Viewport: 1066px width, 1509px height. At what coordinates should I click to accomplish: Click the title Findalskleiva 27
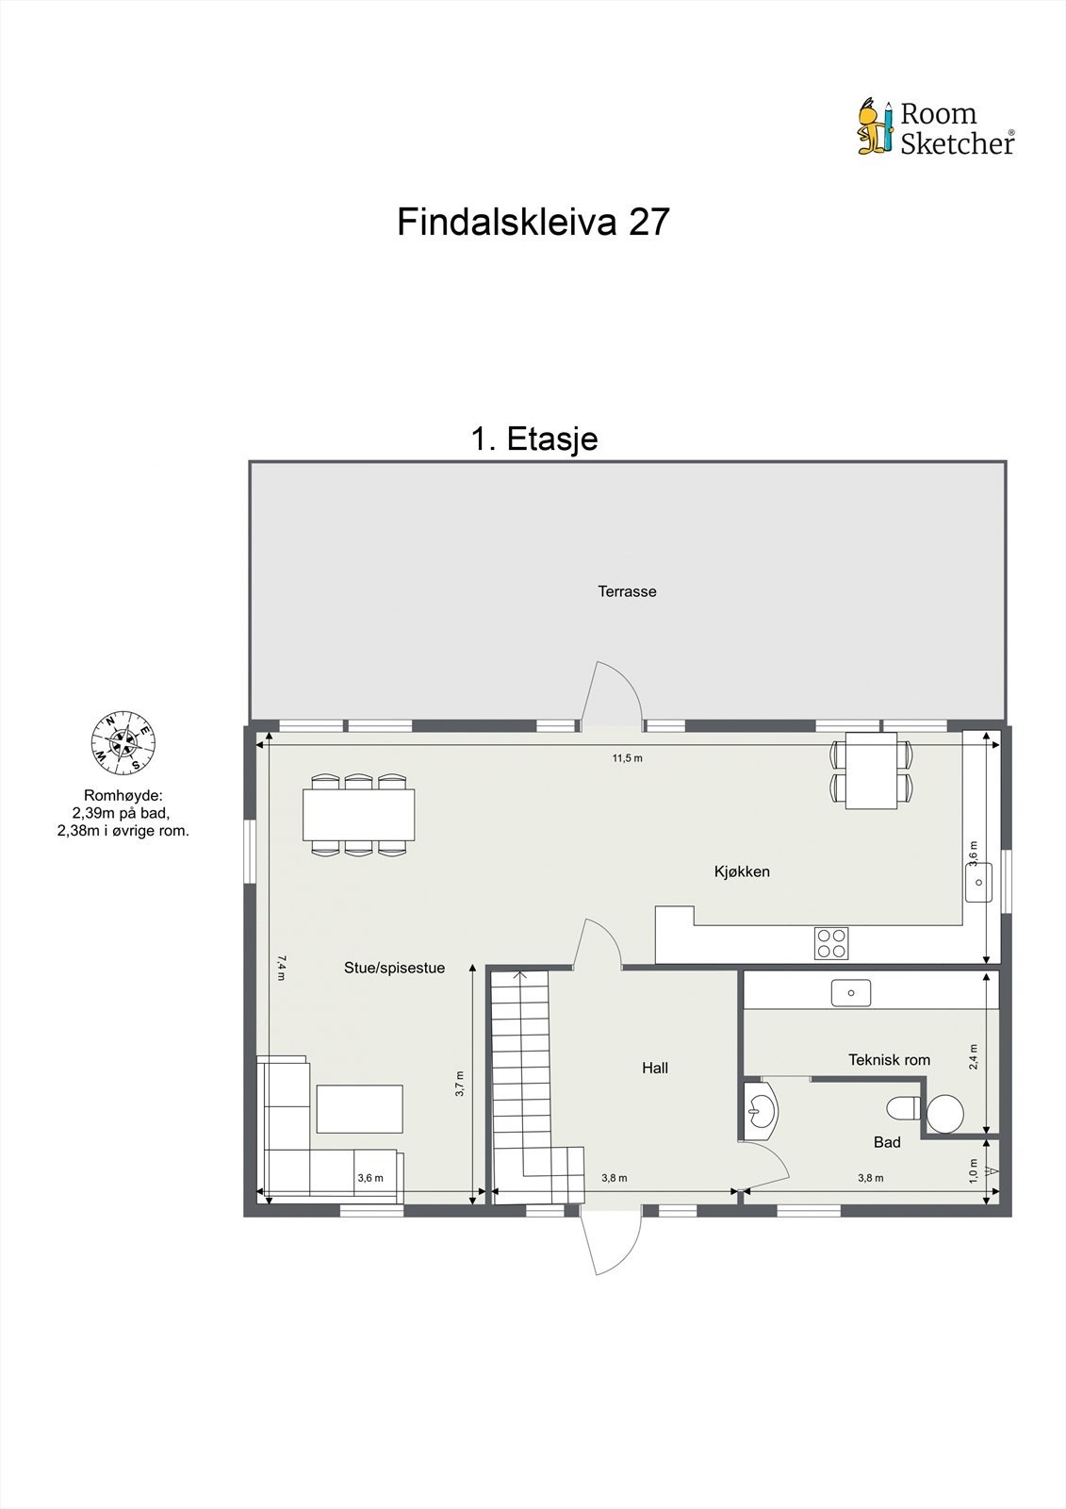coord(533,222)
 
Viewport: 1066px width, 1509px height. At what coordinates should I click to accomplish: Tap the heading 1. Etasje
coord(534,439)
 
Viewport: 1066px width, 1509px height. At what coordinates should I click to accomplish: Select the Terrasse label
coord(627,591)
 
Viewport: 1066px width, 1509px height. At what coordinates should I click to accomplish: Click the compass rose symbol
coord(123,740)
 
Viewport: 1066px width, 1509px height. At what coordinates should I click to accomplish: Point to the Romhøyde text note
coord(123,813)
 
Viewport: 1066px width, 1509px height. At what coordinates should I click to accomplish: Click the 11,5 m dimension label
coord(627,758)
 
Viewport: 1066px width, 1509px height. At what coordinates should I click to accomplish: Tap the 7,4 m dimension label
coord(281,968)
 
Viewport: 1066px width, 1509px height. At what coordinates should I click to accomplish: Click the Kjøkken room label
coord(742,871)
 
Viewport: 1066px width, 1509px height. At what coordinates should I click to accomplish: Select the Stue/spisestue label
coord(394,968)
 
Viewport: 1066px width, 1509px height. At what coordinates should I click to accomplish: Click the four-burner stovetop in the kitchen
coord(831,943)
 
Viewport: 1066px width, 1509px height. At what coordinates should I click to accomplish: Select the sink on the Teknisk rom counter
coord(850,993)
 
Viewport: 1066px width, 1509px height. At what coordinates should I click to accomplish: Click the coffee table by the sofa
coord(359,1108)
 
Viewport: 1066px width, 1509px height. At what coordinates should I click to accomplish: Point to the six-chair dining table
coord(358,815)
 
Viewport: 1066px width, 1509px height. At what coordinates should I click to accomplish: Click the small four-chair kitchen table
coord(871,771)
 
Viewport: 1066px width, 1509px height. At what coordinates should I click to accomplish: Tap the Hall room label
coord(655,1068)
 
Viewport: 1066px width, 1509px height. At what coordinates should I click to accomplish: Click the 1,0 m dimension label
coord(974,1169)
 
